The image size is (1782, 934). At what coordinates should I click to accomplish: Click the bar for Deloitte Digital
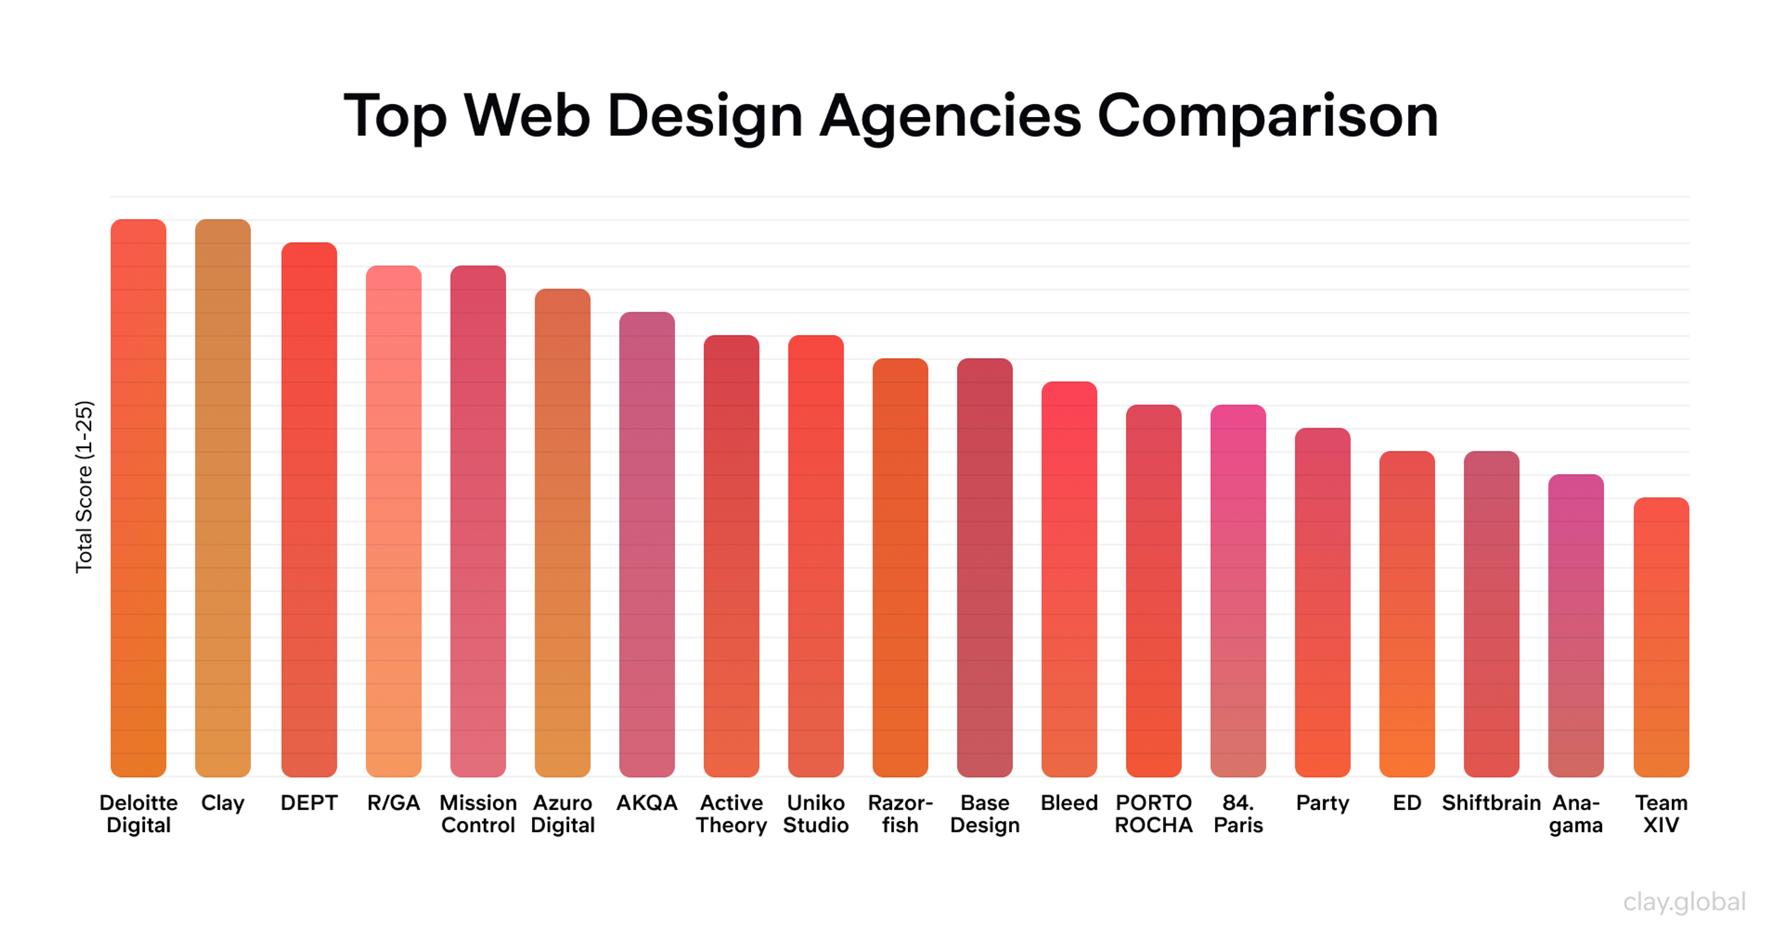point(138,498)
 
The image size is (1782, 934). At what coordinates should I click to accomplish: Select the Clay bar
point(223,498)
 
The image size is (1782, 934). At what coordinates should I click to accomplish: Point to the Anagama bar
point(1576,625)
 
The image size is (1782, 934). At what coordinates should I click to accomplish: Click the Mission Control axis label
point(478,814)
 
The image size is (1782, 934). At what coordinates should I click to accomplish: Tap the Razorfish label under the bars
point(900,814)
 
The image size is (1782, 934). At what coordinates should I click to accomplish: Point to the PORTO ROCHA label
point(1153,814)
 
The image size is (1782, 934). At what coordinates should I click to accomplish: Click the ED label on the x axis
point(1407,803)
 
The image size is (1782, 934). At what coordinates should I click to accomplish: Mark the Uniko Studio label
point(816,814)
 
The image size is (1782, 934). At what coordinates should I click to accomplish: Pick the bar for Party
point(1322,601)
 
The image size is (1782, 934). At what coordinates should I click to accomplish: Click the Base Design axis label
point(984,814)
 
